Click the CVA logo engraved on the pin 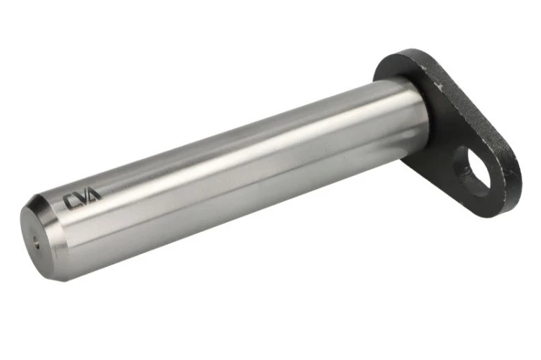tap(82, 199)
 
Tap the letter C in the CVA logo tap(71, 202)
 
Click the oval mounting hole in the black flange tap(472, 172)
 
